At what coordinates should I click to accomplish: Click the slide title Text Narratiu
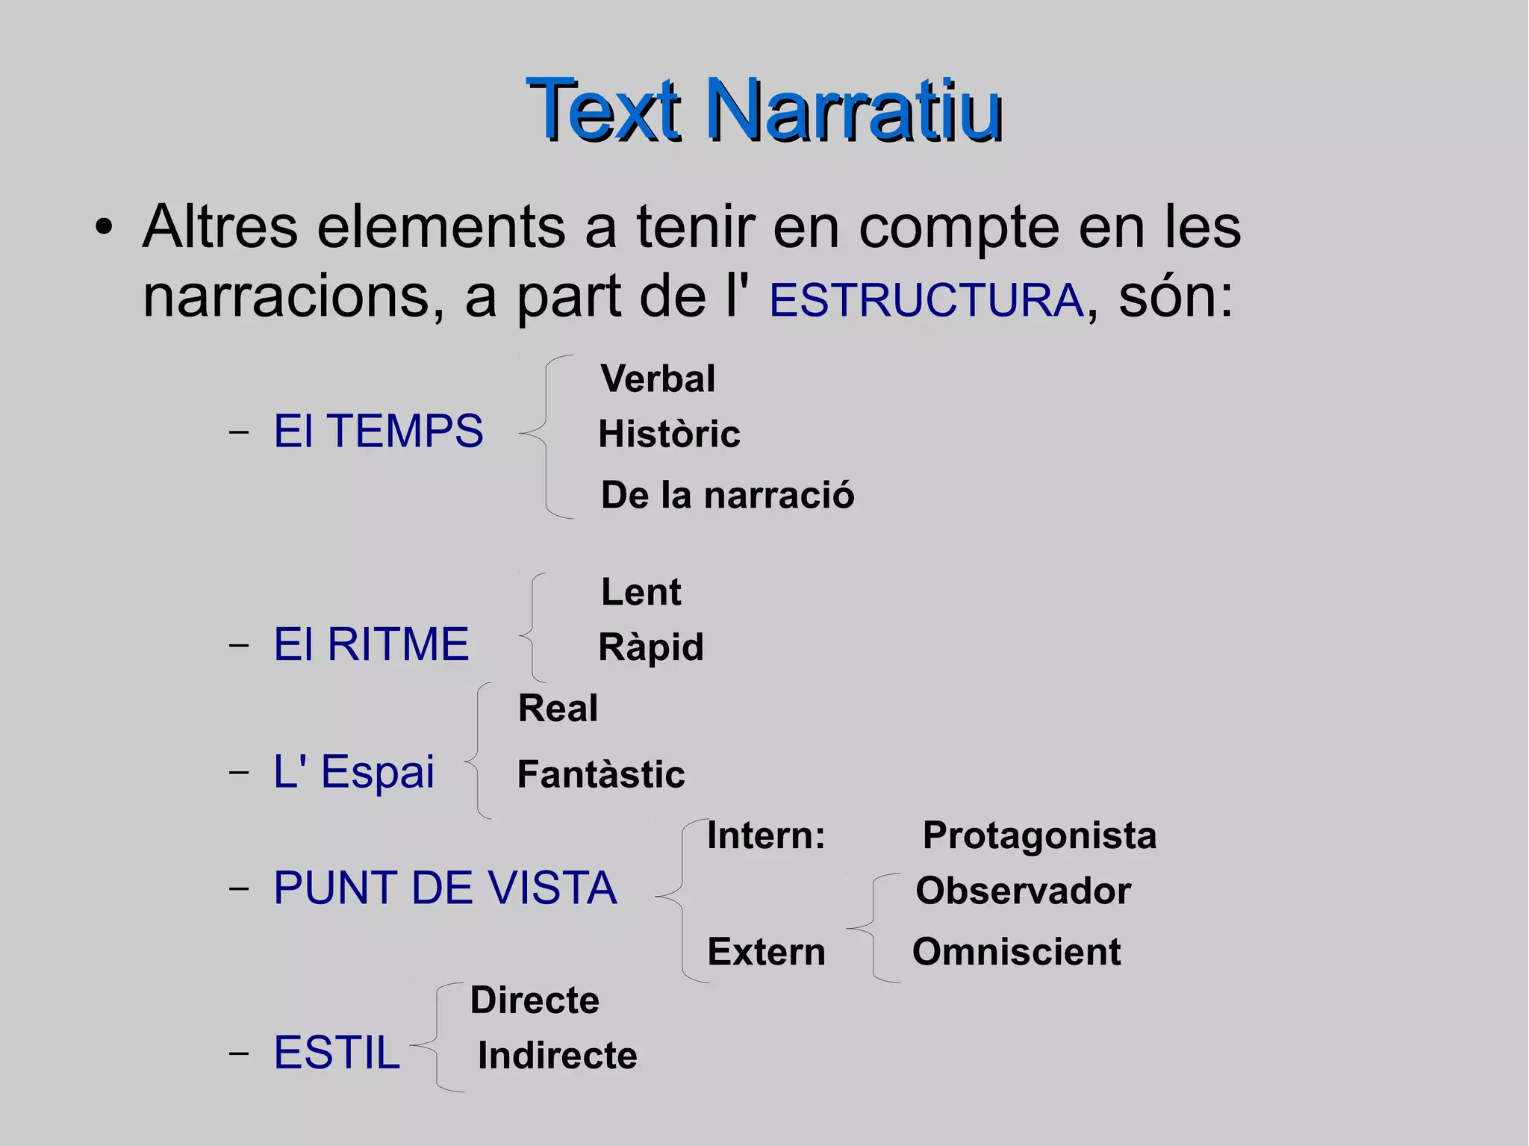coord(764,110)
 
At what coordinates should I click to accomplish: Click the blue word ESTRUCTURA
coord(926,300)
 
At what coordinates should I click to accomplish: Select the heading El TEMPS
coord(379,431)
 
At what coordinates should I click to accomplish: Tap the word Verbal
coord(658,379)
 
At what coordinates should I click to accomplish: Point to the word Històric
coord(669,434)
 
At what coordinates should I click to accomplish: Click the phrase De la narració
coord(727,495)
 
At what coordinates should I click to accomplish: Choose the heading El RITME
coord(371,644)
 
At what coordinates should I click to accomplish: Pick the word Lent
coord(641,592)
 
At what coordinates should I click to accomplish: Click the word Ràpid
coord(651,647)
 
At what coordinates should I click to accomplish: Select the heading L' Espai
coord(354,771)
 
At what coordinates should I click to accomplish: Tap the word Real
coord(558,708)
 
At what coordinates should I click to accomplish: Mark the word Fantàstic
coord(601,774)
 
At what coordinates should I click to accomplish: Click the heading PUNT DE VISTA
coord(445,888)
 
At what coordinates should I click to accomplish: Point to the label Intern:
coord(766,835)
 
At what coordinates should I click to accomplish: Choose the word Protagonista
coord(1039,835)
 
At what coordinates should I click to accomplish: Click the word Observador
coord(1023,891)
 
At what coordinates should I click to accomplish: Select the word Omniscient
coord(1016,952)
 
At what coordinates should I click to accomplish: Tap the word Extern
coord(766,952)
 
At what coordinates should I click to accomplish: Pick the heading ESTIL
coord(337,1053)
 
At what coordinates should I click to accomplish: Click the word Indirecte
coord(557,1055)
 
